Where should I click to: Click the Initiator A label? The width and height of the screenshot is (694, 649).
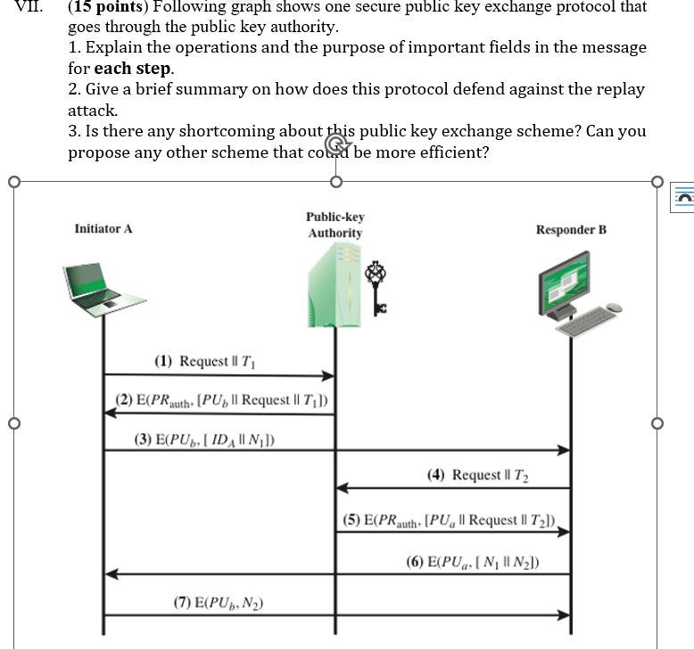pyautogui.click(x=103, y=229)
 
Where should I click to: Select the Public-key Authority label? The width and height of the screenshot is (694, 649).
pyautogui.click(x=335, y=225)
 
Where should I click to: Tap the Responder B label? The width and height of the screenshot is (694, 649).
pyautogui.click(x=571, y=230)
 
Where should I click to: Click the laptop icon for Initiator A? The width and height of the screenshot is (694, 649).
pyautogui.click(x=99, y=287)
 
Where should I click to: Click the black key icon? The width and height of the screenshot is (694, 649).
pyautogui.click(x=377, y=286)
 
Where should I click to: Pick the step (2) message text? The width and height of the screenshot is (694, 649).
pyautogui.click(x=222, y=399)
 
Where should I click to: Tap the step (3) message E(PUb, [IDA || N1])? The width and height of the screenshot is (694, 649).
pyautogui.click(x=204, y=439)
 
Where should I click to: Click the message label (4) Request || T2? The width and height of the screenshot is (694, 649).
pyautogui.click(x=477, y=475)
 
